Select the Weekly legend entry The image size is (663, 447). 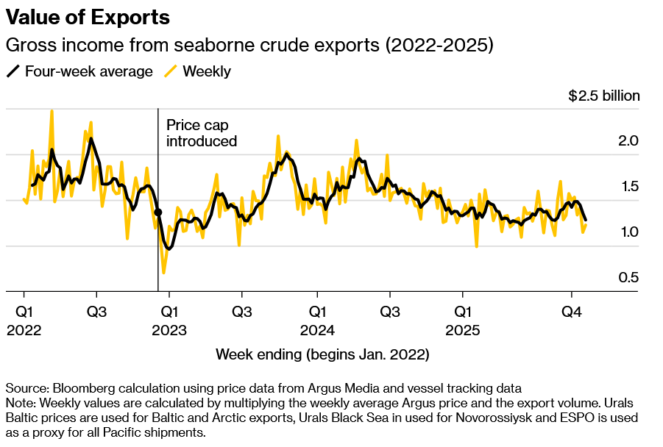point(197,71)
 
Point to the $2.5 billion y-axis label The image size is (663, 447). point(603,96)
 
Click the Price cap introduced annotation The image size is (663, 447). point(202,133)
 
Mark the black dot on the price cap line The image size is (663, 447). point(158,212)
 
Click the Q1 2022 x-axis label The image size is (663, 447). point(24,321)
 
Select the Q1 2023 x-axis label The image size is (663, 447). point(169,321)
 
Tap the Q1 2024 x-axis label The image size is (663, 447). point(317,321)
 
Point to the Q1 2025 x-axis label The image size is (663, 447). point(462,321)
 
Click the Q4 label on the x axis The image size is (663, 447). point(572,312)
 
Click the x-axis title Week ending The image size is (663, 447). point(322,354)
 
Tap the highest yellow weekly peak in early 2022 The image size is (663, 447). point(52,111)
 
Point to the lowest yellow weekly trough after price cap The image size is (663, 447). point(163,273)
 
